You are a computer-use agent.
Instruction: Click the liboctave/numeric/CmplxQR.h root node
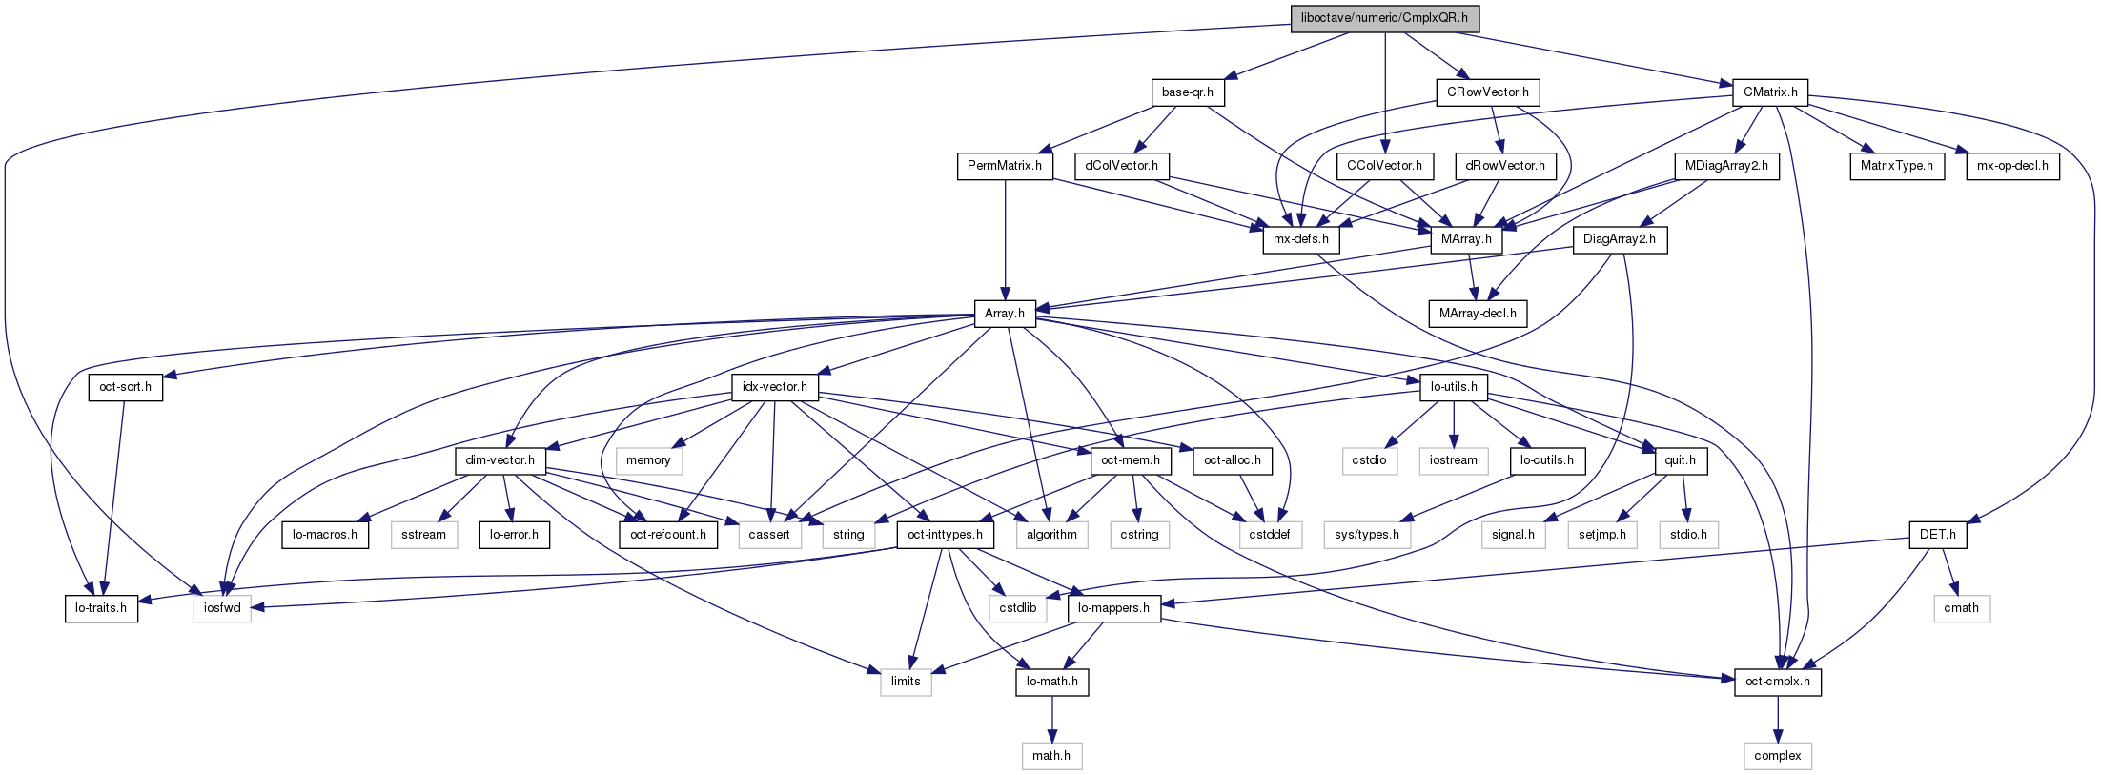point(1384,18)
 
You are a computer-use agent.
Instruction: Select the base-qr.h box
point(1187,92)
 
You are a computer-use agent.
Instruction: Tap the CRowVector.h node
point(1487,92)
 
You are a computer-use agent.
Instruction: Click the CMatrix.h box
point(1769,92)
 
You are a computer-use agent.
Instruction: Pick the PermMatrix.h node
point(1004,166)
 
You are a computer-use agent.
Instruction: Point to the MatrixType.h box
point(1897,166)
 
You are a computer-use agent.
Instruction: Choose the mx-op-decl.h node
point(2012,166)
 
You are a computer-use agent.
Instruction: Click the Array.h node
point(1004,314)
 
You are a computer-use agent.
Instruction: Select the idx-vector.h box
point(774,387)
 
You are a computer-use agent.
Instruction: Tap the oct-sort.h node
point(125,387)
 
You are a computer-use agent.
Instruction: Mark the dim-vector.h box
point(500,460)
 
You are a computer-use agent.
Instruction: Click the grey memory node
point(648,460)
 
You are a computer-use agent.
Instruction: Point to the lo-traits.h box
point(101,608)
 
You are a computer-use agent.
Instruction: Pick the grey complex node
point(1777,756)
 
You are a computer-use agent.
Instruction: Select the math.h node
point(1050,756)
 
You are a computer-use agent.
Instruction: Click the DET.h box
point(1937,535)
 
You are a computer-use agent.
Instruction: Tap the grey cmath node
point(1961,608)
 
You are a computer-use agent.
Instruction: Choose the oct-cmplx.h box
point(1777,683)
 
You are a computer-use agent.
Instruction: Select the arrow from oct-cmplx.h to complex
point(1777,719)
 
